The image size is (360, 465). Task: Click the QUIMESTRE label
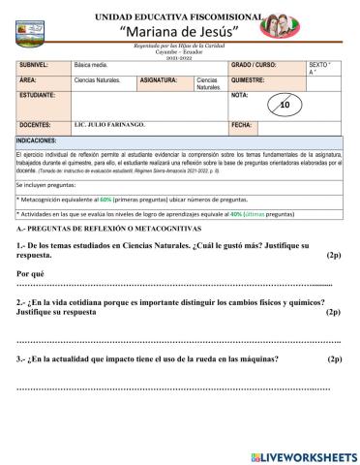pos(250,79)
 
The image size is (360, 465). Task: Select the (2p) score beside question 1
pos(334,256)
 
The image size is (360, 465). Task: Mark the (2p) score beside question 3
pos(334,359)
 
